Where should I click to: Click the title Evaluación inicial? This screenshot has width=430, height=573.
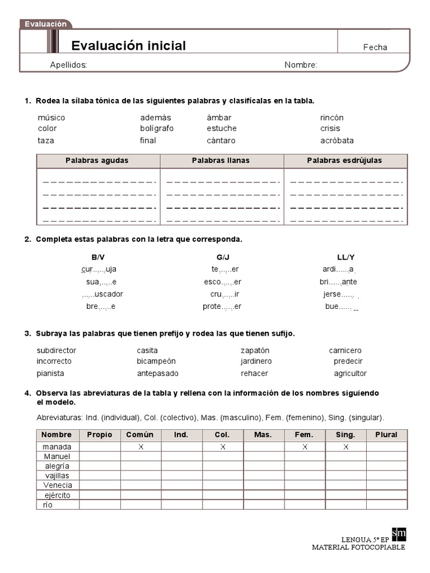click(128, 46)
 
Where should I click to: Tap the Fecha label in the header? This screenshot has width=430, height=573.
click(375, 48)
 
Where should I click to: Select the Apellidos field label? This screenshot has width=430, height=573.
click(68, 65)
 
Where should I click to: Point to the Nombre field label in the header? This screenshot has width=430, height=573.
click(301, 65)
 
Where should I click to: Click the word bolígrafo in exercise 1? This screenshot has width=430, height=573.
click(157, 129)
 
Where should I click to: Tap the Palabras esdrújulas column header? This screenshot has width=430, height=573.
click(344, 161)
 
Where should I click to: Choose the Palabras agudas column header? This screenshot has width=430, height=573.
click(97, 161)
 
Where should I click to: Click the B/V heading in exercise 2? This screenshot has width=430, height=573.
click(98, 257)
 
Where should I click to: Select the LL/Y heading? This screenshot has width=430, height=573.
click(345, 257)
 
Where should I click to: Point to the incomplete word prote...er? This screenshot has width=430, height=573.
click(222, 307)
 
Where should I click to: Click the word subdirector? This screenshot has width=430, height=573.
click(57, 351)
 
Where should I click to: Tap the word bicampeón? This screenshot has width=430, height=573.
click(156, 361)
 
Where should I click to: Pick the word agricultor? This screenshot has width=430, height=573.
click(350, 373)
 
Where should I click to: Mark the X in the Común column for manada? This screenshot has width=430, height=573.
click(141, 447)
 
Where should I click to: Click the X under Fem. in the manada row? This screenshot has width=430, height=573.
click(305, 447)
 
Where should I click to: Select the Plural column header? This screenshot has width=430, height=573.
click(386, 435)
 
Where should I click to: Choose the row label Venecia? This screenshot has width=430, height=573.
click(57, 485)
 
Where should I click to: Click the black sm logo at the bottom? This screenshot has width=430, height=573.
click(399, 534)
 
